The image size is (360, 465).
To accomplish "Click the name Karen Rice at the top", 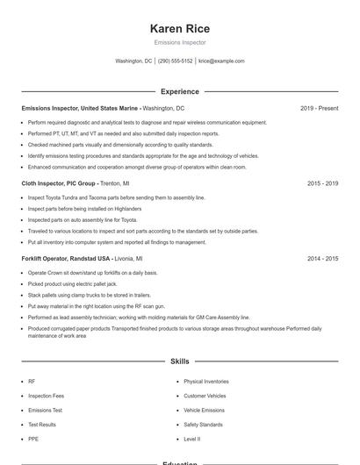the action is tap(179, 28).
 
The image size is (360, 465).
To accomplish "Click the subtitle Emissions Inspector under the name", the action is tap(179, 42).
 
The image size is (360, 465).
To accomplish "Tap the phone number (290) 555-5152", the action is tap(175, 61).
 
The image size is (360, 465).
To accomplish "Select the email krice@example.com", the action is tap(221, 61).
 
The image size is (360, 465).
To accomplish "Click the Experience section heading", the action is tap(179, 91).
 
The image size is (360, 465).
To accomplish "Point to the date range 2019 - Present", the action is tap(319, 108).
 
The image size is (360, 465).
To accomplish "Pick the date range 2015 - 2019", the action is tap(322, 183).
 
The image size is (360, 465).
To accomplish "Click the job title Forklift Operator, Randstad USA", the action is tap(67, 259).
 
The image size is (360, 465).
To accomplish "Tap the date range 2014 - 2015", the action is tap(322, 259).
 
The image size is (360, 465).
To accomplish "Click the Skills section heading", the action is tap(179, 361).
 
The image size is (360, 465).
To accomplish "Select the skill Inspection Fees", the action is tap(46, 396).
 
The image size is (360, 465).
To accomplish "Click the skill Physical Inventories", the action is tap(206, 382).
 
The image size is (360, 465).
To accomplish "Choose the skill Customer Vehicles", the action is tap(204, 396).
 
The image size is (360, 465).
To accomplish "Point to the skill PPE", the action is tap(32, 439).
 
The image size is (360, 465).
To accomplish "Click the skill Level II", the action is tap(191, 439).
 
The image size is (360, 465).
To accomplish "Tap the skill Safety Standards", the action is tap(203, 425).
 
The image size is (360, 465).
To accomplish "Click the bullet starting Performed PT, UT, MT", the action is tap(123, 133).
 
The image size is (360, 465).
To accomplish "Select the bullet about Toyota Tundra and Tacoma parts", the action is tap(116, 197).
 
